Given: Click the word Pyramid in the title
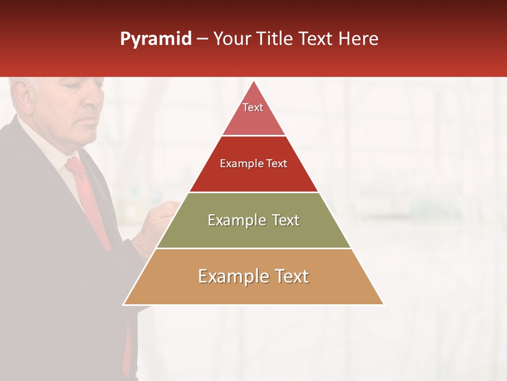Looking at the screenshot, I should pos(155,39).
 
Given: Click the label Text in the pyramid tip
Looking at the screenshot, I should pos(253,107).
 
